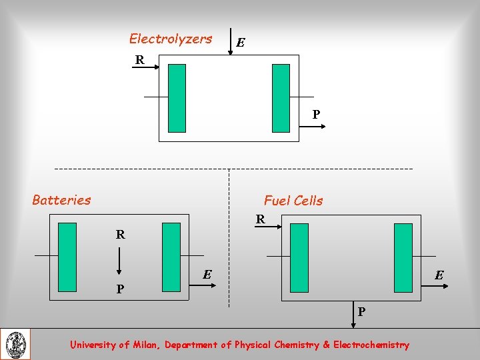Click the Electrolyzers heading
[x=171, y=39]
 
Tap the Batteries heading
[x=61, y=199]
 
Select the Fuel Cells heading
[x=293, y=200]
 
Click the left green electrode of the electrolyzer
[x=177, y=98]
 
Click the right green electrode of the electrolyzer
[x=281, y=98]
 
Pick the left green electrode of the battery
[x=67, y=257]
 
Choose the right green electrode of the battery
[x=171, y=257]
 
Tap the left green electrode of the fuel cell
[x=299, y=257]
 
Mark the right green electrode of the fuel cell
[x=403, y=257]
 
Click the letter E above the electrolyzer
[x=241, y=43]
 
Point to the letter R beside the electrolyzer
[x=139, y=60]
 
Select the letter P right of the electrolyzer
[x=317, y=114]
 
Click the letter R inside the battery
[x=120, y=235]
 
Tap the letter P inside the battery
[x=119, y=289]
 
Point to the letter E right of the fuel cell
[x=440, y=275]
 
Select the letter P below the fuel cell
[x=361, y=311]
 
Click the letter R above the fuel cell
[x=261, y=219]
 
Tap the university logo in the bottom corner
[x=15, y=344]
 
